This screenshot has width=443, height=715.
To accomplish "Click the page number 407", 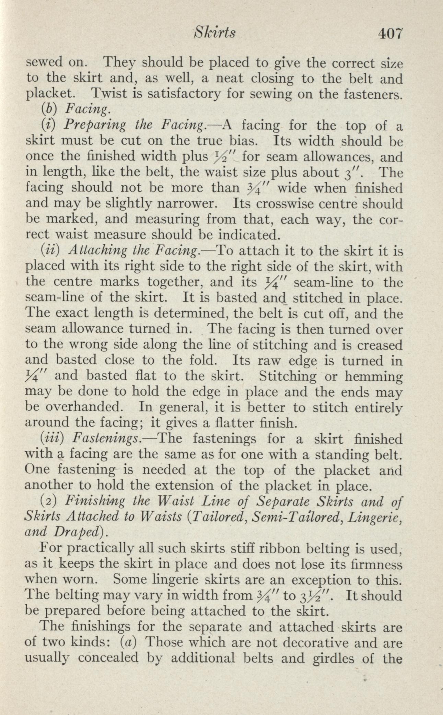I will pyautogui.click(x=389, y=34).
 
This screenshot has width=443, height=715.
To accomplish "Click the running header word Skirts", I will pyautogui.click(x=214, y=33).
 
